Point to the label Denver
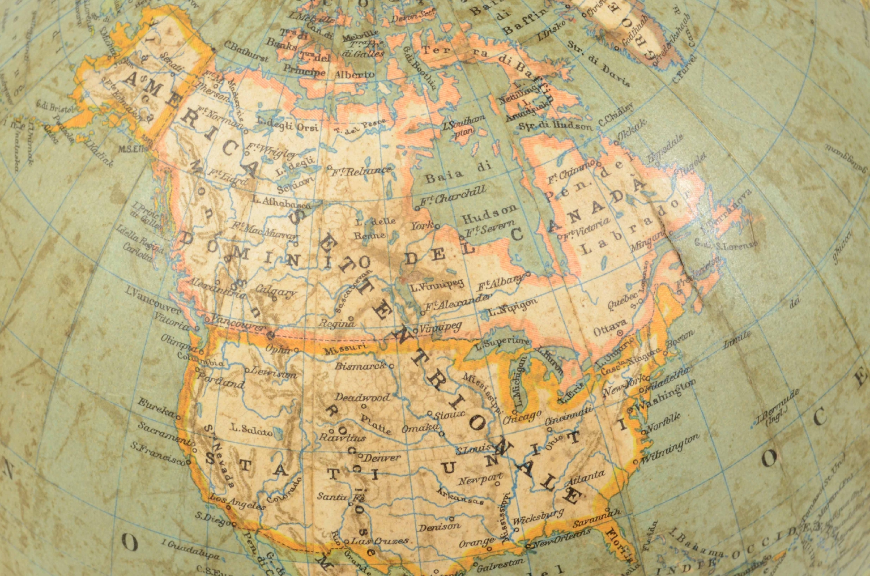pyautogui.click(x=381, y=457)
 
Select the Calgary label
pyautogui.click(x=276, y=291)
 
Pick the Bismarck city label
pyautogui.click(x=360, y=366)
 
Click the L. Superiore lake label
pyautogui.click(x=504, y=343)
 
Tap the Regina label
pyautogui.click(x=337, y=324)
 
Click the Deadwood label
pyautogui.click(x=362, y=398)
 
